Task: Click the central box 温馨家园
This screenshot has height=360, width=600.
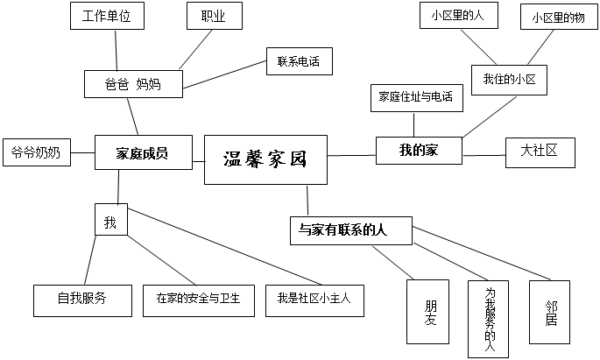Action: pos(266,159)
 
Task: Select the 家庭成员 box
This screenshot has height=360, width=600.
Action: pos(142,153)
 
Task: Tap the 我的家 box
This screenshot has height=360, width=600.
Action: pos(419,150)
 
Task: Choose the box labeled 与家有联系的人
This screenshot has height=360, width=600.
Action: pos(349,230)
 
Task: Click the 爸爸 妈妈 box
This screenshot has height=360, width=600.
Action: pos(132,84)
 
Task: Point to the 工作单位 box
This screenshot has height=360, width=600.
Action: pos(106,16)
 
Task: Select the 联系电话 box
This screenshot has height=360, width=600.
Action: pos(299,61)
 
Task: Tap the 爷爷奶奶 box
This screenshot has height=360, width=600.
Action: pos(36,152)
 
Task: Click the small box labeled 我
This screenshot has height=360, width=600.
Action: pos(110,222)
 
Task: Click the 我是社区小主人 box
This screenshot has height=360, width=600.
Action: pos(314,299)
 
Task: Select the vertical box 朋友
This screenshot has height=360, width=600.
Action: pos(430,312)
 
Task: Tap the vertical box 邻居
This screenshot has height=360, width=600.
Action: pos(550,312)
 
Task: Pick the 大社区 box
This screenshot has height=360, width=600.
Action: pos(540,151)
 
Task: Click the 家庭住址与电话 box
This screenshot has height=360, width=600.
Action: pos(415,97)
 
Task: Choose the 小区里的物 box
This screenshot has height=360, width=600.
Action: pos(558,18)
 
